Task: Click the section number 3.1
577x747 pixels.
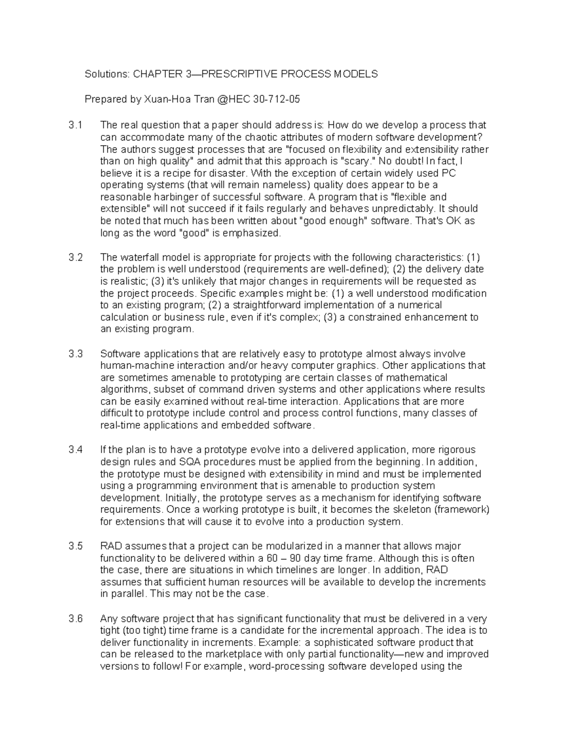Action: point(75,126)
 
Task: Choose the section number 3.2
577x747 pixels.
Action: point(75,257)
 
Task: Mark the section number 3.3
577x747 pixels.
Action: point(75,354)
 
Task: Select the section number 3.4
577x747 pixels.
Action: point(75,450)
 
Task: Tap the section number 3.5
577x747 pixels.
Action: point(75,546)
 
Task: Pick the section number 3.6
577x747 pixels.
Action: point(75,619)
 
